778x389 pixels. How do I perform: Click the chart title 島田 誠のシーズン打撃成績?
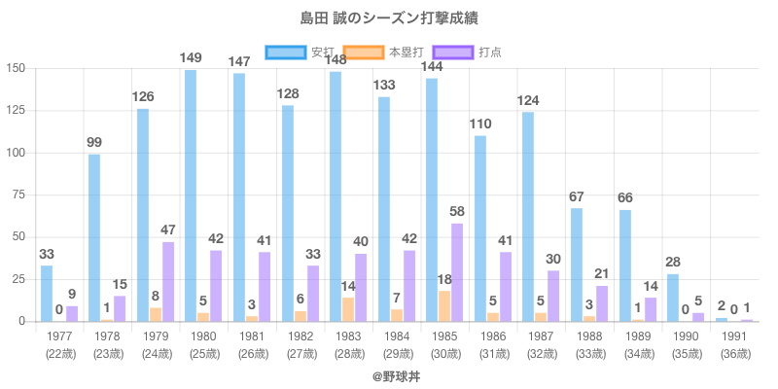click(389, 18)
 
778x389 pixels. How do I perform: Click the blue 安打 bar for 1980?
click(191, 195)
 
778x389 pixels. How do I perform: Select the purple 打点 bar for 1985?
click(457, 272)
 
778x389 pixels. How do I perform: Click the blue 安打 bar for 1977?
click(47, 293)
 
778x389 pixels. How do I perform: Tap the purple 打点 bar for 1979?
click(168, 281)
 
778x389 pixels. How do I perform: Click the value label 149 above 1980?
click(191, 58)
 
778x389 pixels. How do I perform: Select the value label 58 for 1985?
click(457, 211)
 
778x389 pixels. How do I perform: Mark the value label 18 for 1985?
click(444, 279)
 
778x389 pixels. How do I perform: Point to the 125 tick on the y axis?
click(16, 111)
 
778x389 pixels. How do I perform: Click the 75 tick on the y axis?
click(18, 195)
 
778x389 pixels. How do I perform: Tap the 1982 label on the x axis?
click(300, 336)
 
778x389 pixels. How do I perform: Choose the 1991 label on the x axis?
click(733, 336)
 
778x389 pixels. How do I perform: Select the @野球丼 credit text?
click(389, 375)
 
